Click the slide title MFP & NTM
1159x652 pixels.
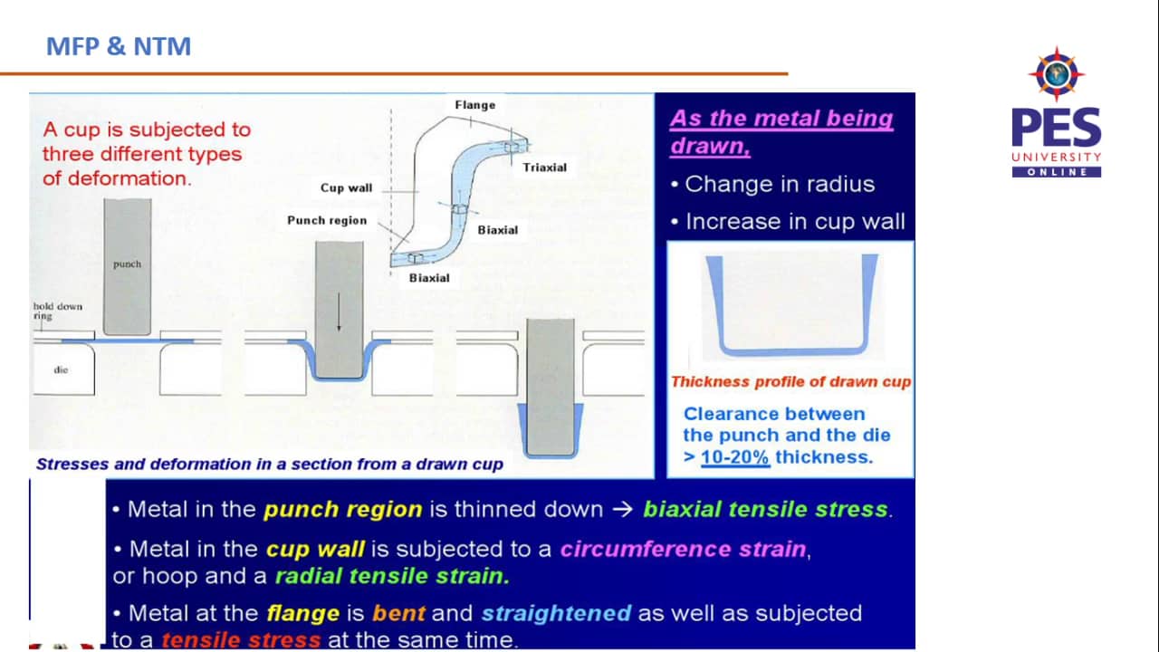119,46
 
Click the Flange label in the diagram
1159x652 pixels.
474,105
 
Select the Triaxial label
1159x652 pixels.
544,168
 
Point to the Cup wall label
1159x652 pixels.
346,188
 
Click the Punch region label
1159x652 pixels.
327,220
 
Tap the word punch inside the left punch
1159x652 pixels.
127,264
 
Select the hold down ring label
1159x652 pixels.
57,311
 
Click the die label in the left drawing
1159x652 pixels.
61,369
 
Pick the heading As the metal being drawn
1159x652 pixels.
781,131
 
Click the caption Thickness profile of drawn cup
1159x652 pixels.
790,382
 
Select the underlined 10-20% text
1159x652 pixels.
734,457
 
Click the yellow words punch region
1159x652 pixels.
342,509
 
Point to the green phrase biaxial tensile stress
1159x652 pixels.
765,509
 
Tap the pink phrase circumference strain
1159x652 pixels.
683,549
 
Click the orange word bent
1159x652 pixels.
398,613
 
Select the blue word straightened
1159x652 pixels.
556,613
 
